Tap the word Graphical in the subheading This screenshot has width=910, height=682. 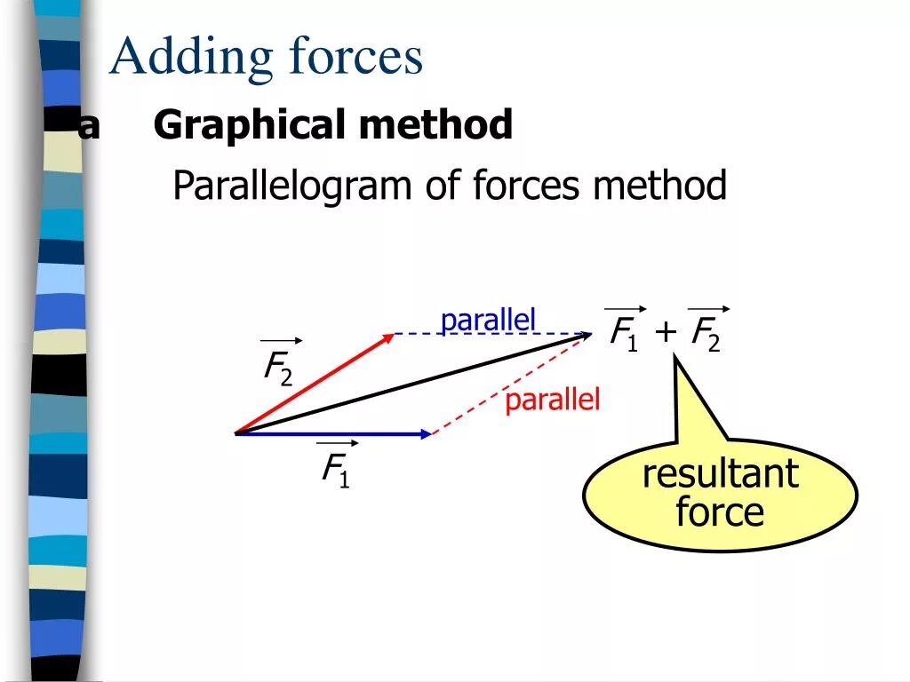click(250, 125)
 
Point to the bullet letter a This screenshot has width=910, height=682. click(89, 127)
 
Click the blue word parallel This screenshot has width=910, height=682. click(488, 321)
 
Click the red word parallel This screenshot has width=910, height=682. click(553, 400)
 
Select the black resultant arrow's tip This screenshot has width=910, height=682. click(587, 336)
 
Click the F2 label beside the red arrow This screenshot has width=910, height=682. click(277, 368)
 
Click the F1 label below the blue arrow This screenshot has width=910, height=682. click(335, 469)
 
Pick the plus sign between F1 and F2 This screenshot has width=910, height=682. click(666, 334)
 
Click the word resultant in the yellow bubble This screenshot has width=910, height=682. click(720, 473)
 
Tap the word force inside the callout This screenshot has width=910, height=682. click(720, 512)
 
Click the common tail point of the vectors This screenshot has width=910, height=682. click(236, 433)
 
